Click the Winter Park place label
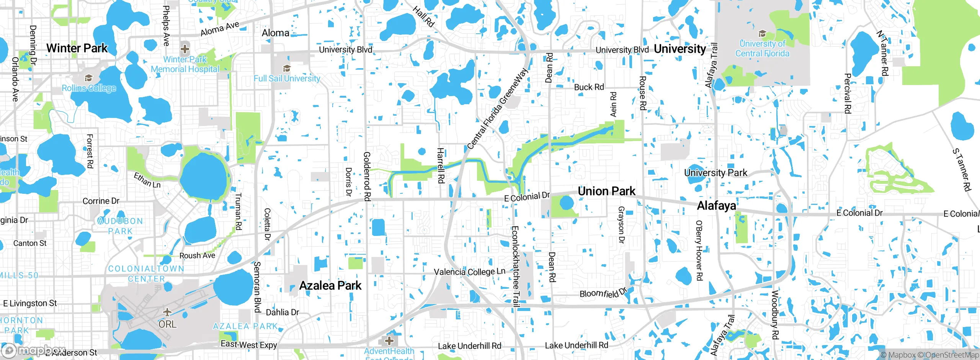(x=77, y=48)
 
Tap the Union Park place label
(x=606, y=191)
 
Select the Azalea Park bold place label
(x=330, y=286)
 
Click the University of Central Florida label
(x=762, y=49)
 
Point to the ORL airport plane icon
(x=167, y=312)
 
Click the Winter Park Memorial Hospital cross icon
(x=185, y=49)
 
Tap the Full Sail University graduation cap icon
(x=286, y=68)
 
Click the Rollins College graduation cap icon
(x=89, y=78)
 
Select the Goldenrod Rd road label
(x=367, y=176)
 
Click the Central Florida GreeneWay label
(x=498, y=109)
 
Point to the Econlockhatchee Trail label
(x=515, y=267)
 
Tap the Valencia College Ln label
(x=469, y=272)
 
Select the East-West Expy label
(x=249, y=344)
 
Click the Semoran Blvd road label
(x=257, y=287)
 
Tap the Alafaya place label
(x=716, y=206)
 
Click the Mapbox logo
(x=33, y=350)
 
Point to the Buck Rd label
(x=589, y=87)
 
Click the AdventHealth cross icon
(x=389, y=340)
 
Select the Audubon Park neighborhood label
(x=120, y=226)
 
